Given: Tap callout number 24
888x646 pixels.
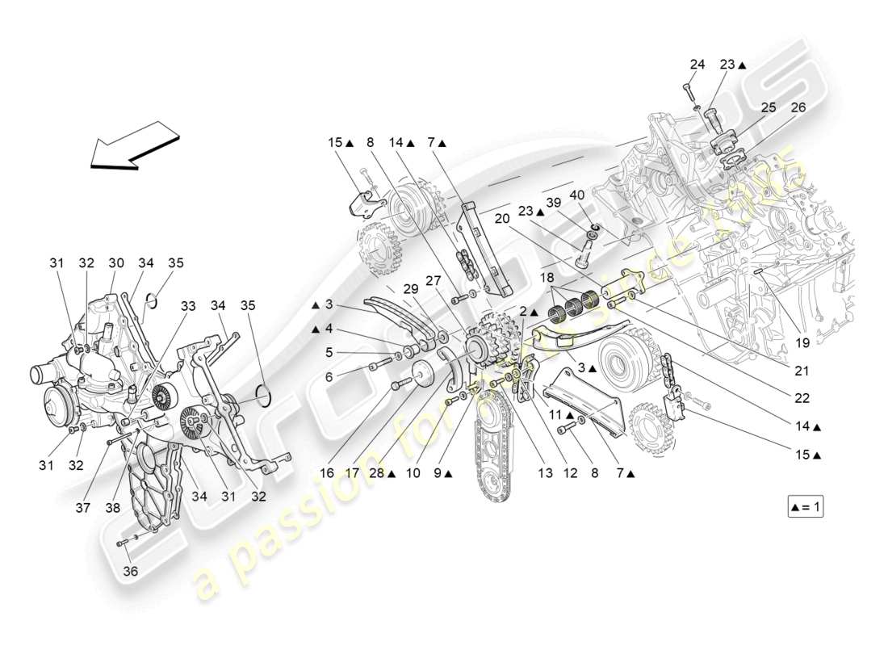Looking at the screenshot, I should click(697, 65).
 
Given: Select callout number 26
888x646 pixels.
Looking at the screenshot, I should click(798, 107).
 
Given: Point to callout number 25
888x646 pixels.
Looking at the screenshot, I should click(768, 107).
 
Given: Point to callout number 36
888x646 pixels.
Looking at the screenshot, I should click(130, 571).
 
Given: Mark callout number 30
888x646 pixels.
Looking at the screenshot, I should click(116, 262).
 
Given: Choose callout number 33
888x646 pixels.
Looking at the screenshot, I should click(188, 306).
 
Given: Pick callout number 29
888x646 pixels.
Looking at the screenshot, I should click(411, 289).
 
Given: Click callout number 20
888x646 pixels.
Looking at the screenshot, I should click(502, 218).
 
